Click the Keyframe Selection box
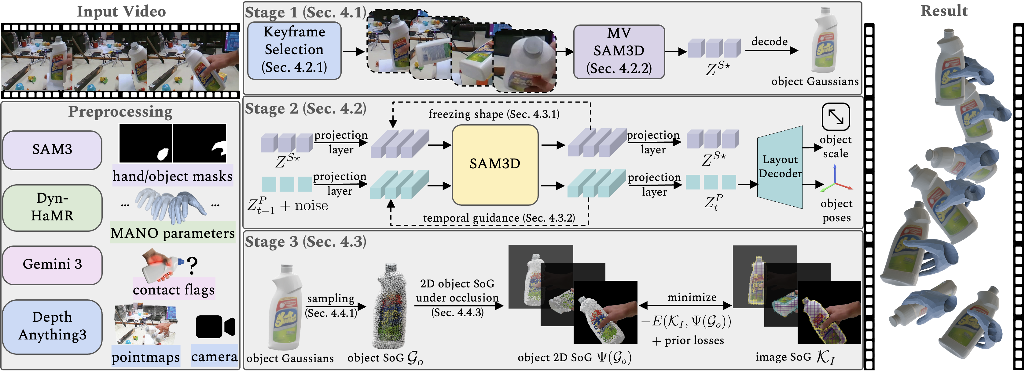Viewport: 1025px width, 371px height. (294, 50)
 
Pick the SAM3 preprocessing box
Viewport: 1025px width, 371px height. (52, 150)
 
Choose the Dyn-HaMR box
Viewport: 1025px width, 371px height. (52, 207)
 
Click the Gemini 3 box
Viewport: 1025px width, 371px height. (52, 264)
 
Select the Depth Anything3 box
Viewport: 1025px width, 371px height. (52, 326)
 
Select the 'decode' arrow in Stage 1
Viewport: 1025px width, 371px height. (771, 51)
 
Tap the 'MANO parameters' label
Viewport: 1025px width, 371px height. (173, 233)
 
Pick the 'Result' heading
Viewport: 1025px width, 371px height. (944, 11)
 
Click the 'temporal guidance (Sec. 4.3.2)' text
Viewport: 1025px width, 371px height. (499, 218)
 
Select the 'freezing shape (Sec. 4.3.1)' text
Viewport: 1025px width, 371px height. (494, 114)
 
